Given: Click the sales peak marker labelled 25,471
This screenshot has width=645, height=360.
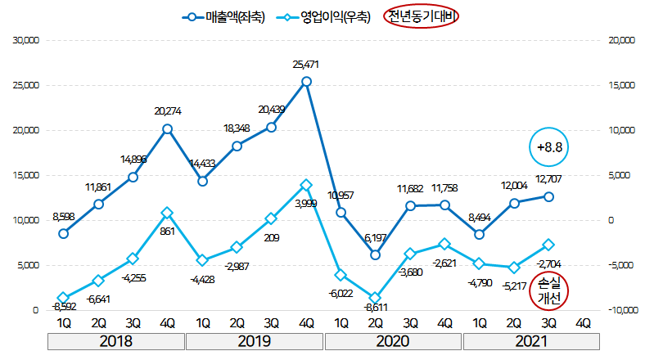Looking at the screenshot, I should [x=306, y=82].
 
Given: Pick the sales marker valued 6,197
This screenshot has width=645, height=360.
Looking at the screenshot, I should [x=375, y=254].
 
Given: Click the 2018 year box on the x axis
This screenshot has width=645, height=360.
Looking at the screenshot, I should [x=115, y=340].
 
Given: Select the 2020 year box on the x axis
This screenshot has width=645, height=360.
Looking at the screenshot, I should [x=393, y=340].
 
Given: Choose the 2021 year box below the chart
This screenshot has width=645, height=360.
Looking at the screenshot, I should [x=532, y=340].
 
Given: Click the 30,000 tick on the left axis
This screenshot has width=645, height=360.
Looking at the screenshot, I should [x=23, y=39].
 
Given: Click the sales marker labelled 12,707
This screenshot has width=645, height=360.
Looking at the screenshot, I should [x=548, y=196].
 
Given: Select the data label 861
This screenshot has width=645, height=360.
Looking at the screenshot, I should [x=168, y=232].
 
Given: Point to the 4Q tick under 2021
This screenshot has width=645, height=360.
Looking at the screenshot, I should [x=584, y=322].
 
